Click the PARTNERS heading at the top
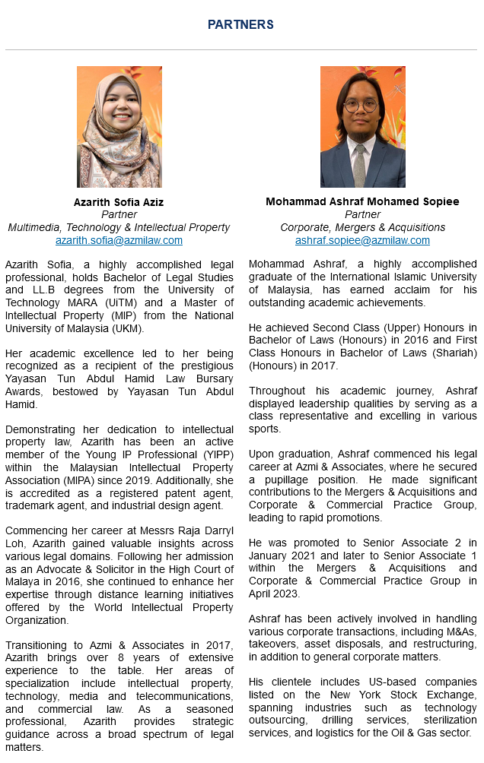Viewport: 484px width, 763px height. pyautogui.click(x=240, y=25)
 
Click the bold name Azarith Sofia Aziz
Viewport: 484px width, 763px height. pyautogui.click(x=119, y=202)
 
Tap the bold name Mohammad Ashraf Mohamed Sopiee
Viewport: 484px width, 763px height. pyautogui.click(x=362, y=202)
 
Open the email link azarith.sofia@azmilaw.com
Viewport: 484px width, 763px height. pyautogui.click(x=119, y=240)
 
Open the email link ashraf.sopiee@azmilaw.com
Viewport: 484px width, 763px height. pyautogui.click(x=362, y=240)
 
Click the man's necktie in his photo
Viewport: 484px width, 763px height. pyautogui.click(x=359, y=163)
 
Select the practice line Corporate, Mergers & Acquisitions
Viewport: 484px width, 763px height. pyautogui.click(x=362, y=227)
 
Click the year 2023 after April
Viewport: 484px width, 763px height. pyautogui.click(x=288, y=594)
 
